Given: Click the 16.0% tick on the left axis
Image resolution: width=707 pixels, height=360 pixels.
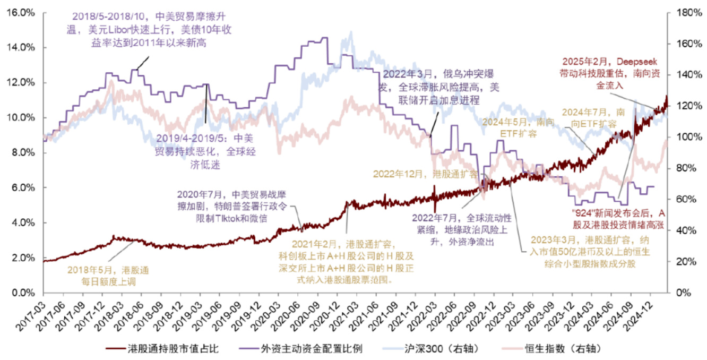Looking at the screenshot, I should tap(20, 12).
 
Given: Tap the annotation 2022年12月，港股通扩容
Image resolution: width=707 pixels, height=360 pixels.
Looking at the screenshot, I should tap(425, 174).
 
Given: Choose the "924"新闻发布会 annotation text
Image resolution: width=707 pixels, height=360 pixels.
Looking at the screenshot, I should tap(616, 218).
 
